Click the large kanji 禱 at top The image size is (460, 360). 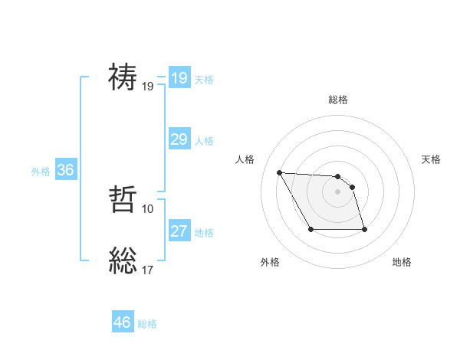tap(123, 78)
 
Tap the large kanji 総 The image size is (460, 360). tap(123, 261)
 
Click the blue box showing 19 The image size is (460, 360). tap(179, 78)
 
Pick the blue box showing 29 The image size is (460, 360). tap(179, 139)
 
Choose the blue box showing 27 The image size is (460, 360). tap(179, 231)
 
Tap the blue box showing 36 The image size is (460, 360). tap(65, 170)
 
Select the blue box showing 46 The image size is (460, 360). tap(122, 322)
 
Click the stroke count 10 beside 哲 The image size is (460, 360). tap(148, 209)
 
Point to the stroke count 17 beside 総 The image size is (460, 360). tap(148, 269)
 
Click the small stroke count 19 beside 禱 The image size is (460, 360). tap(148, 86)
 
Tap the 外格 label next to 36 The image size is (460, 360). tap(41, 172)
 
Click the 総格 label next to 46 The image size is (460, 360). tap(147, 324)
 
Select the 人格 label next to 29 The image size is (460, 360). tap(204, 141)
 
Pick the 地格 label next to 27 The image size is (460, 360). tap(204, 233)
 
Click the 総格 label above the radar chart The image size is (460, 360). tap(337, 100)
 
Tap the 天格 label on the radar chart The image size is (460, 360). tap(431, 159)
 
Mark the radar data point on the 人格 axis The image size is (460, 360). tap(279, 172)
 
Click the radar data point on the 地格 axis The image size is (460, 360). tap(363, 229)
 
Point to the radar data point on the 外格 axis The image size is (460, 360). tap(310, 229)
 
